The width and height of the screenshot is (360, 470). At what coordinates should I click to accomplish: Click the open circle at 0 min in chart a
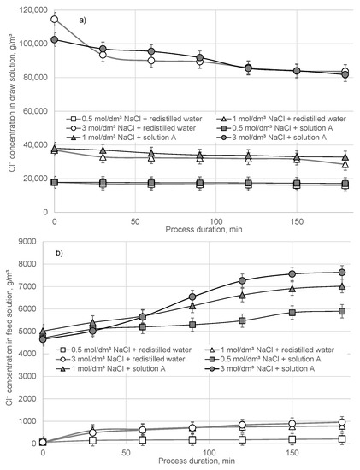(x=55, y=19)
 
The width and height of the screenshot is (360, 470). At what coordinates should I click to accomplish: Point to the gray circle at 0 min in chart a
(x=55, y=39)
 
